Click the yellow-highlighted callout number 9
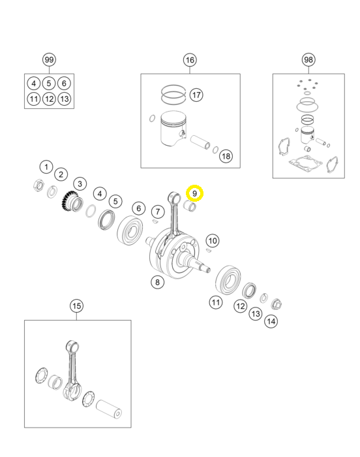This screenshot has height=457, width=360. point(194,193)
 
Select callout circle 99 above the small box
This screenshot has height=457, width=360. point(49,60)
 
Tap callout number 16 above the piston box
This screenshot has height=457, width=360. point(190,60)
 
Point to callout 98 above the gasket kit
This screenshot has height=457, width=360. point(308,60)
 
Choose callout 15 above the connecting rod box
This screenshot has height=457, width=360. point(76,306)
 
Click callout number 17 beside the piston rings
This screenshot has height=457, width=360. point(196,95)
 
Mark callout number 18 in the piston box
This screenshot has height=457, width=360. point(226,157)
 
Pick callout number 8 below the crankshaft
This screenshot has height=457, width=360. point(158,282)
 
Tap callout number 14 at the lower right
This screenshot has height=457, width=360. point(271,321)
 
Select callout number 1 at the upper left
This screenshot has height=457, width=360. point(46,167)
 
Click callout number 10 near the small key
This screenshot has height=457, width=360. point(213,241)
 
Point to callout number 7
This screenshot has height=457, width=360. point(158,212)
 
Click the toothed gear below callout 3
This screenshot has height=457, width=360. point(72,201)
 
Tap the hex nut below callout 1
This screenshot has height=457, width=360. point(38,185)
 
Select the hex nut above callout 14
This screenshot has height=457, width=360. point(277,305)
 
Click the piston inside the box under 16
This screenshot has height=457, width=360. point(173,128)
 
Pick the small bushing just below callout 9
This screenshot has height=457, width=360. point(190,206)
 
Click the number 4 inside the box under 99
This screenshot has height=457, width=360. point(34,84)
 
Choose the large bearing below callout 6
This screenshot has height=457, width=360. point(130,230)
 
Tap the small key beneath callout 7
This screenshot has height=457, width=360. point(155,221)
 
